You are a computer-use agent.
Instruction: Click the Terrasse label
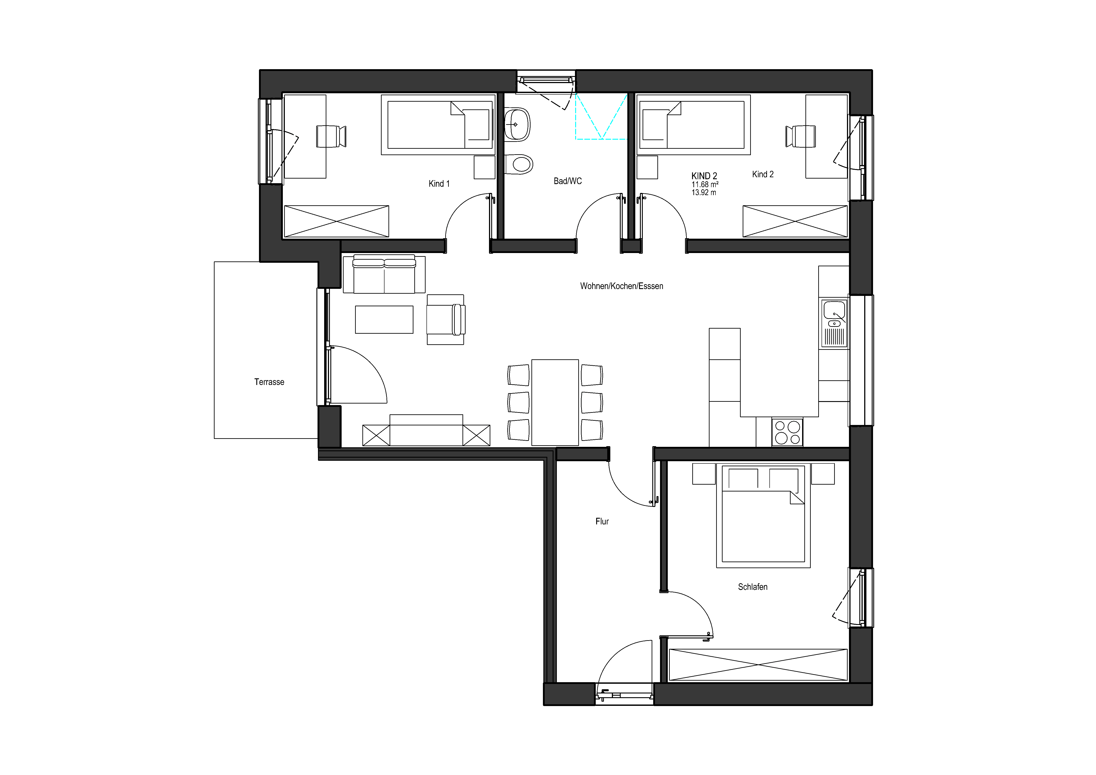coord(269,382)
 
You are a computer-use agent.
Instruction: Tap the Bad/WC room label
coord(568,181)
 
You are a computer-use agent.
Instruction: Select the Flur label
coord(602,522)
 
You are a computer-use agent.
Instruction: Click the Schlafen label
coord(753,587)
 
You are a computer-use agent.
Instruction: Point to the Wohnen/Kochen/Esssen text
coord(622,286)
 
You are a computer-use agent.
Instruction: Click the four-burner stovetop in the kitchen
coord(787,432)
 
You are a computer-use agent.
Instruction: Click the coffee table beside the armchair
coord(384,320)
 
